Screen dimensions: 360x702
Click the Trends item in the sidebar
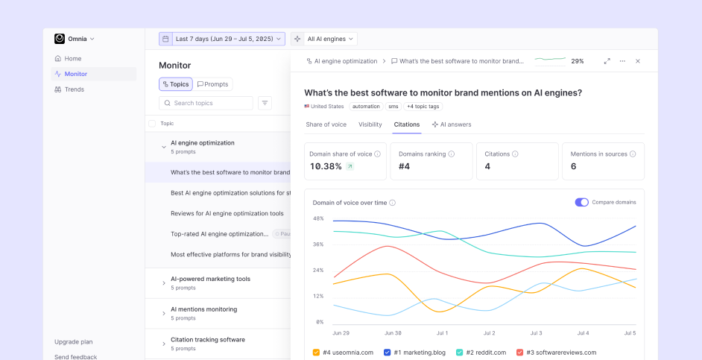pyautogui.click(x=74, y=89)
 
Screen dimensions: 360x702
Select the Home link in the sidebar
pyautogui.click(x=72, y=59)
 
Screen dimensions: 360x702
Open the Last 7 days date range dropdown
pyautogui.click(x=221, y=39)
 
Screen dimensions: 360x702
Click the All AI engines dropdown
pyautogui.click(x=324, y=39)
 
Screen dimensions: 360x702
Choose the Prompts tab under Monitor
pyautogui.click(x=213, y=84)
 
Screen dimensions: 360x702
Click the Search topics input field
pyautogui.click(x=206, y=104)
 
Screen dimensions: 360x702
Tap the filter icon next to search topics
pyautogui.click(x=265, y=104)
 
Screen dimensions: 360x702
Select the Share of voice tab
pyautogui.click(x=326, y=124)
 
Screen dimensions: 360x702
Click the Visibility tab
pyautogui.click(x=370, y=124)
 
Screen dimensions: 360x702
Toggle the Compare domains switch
pyautogui.click(x=581, y=202)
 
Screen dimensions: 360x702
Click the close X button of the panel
pyautogui.click(x=637, y=61)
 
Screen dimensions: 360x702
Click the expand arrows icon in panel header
pyautogui.click(x=607, y=61)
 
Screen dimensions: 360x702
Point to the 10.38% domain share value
pyautogui.click(x=326, y=166)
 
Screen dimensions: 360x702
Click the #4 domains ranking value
pyautogui.click(x=405, y=166)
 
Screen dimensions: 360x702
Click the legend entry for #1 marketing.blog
pyautogui.click(x=414, y=353)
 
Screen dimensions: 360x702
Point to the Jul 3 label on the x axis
pyautogui.click(x=535, y=333)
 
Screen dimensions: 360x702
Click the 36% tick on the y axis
pyautogui.click(x=318, y=244)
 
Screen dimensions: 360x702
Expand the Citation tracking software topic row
pyautogui.click(x=164, y=344)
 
